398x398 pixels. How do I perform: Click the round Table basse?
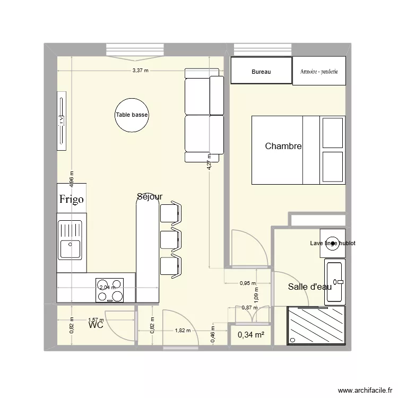coord(132,115)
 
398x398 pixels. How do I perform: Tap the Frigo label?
coord(71,200)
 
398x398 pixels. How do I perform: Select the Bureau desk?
coord(261,71)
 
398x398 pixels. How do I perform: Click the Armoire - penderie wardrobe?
coord(319,71)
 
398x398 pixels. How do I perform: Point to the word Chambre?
coord(283,146)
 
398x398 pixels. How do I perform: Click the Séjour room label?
coord(149,197)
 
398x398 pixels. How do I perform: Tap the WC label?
coord(96,325)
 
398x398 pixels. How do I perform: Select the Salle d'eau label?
coord(309,287)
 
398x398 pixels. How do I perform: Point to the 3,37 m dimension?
coord(140,71)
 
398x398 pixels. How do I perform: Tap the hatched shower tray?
coord(316,326)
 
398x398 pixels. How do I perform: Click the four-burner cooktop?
coord(109,290)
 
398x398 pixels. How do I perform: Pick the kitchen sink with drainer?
coord(71,240)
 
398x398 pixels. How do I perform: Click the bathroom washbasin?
coord(335,274)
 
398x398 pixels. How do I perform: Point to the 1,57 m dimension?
coord(96,320)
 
